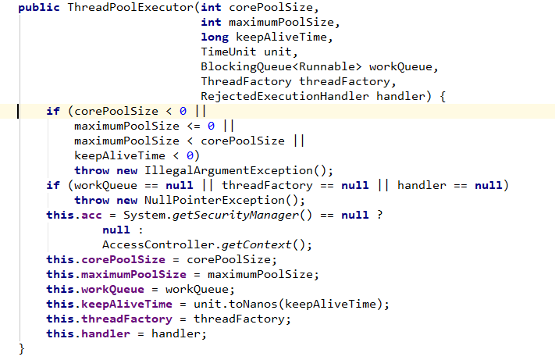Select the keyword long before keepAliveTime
(214, 37)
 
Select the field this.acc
(74, 216)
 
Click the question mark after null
(379, 216)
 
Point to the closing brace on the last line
(22, 348)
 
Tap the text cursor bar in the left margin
(19, 112)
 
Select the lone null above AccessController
(116, 230)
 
